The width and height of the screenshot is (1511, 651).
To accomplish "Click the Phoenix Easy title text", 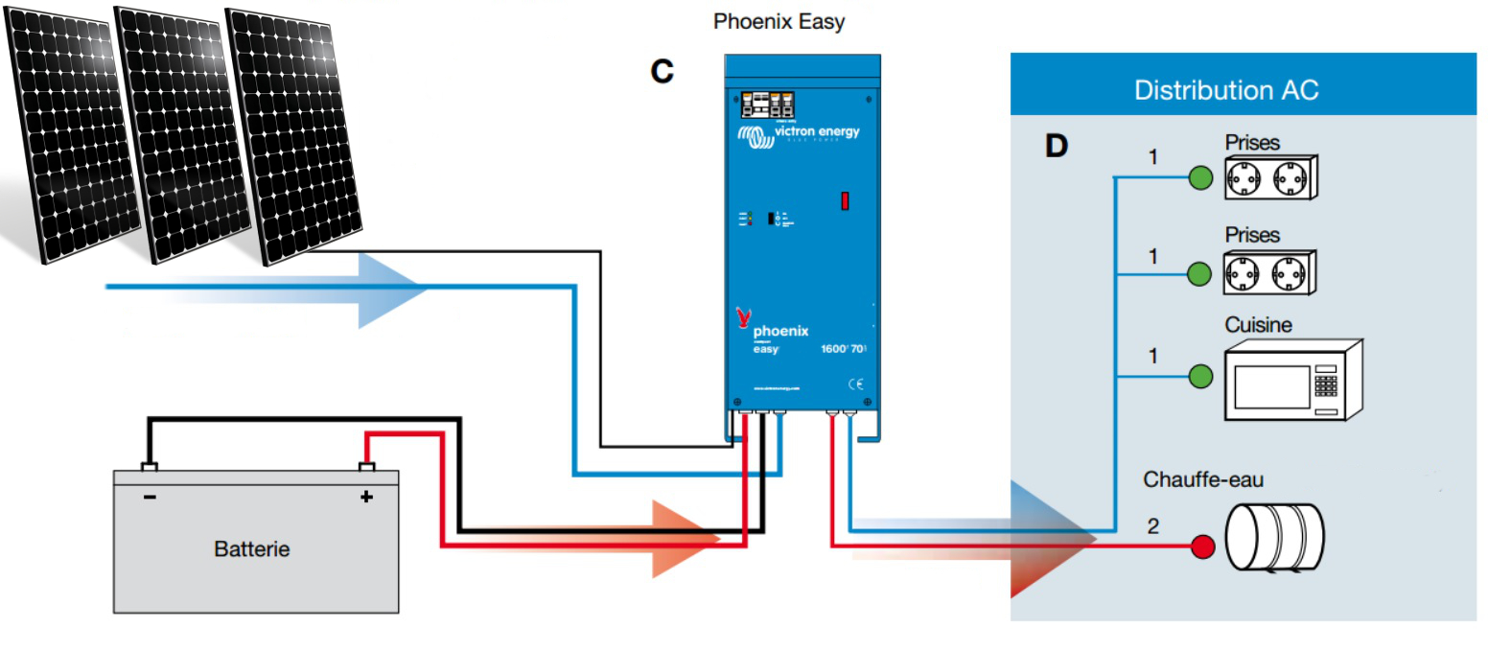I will (779, 21).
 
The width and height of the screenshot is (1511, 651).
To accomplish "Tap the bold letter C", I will (662, 71).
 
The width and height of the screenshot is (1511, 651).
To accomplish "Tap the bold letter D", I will (1056, 146).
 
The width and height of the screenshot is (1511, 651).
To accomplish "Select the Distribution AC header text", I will (1225, 90).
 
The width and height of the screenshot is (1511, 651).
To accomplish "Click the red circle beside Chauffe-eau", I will (1202, 546).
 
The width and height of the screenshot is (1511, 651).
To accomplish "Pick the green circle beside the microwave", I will (1200, 377).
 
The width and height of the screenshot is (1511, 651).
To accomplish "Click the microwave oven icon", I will (1291, 381).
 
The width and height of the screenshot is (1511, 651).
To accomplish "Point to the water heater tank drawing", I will (1274, 537).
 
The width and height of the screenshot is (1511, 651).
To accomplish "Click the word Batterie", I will (251, 549).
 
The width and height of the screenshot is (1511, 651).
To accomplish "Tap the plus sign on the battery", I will (366, 497).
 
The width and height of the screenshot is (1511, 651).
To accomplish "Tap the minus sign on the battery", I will (150, 497).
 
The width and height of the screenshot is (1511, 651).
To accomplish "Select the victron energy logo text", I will (816, 131).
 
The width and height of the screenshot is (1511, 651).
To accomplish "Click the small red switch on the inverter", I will (845, 200).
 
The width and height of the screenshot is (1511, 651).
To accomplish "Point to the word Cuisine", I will (1257, 325).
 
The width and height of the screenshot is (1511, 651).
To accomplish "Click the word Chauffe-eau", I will (1202, 479).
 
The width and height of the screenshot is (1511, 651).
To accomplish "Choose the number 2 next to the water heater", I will (1152, 526).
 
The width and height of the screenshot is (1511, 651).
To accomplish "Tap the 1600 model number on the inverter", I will (833, 349).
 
